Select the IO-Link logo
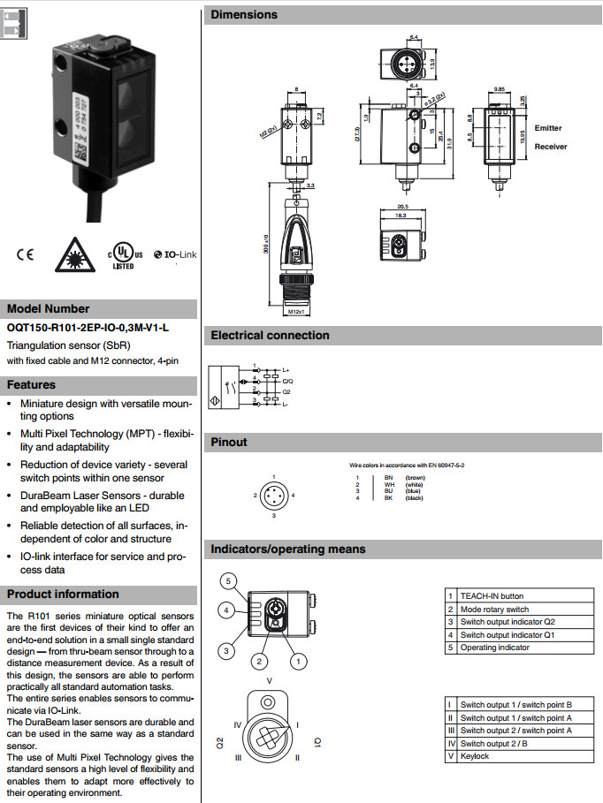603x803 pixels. coord(174,255)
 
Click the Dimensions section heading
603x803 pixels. coord(244,14)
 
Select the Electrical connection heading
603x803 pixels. coord(270,336)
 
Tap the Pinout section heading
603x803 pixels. coord(229,442)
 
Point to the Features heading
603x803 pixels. coord(32,385)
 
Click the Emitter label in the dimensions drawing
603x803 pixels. coord(548,128)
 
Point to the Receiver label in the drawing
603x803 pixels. coord(551,147)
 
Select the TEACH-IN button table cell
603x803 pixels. coord(492,596)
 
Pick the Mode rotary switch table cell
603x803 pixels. coord(494,610)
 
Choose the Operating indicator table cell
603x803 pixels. coord(494,648)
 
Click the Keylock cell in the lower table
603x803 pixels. coord(476,756)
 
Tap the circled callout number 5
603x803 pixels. coord(227,580)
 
